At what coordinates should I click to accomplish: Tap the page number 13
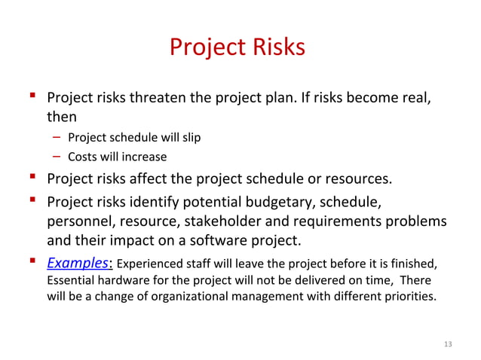point(448,344)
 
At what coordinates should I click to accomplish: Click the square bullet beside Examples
point(35,262)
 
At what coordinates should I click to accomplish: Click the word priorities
point(410,296)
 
